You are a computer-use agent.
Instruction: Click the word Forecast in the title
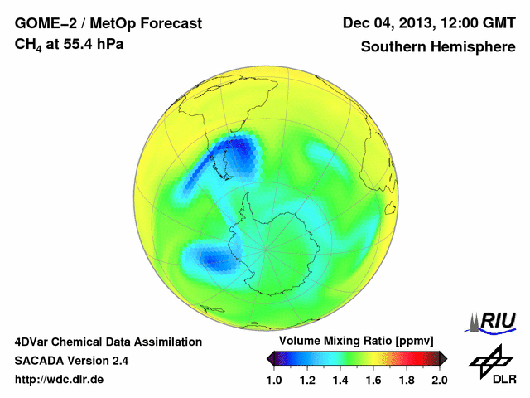[x=169, y=23]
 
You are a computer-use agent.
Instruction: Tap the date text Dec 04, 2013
[x=387, y=23]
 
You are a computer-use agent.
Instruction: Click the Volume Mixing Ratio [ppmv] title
[x=352, y=342]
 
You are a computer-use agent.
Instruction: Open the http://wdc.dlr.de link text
[x=60, y=381]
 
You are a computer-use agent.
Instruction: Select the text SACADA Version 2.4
[x=71, y=361]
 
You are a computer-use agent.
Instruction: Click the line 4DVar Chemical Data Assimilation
[x=108, y=342]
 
